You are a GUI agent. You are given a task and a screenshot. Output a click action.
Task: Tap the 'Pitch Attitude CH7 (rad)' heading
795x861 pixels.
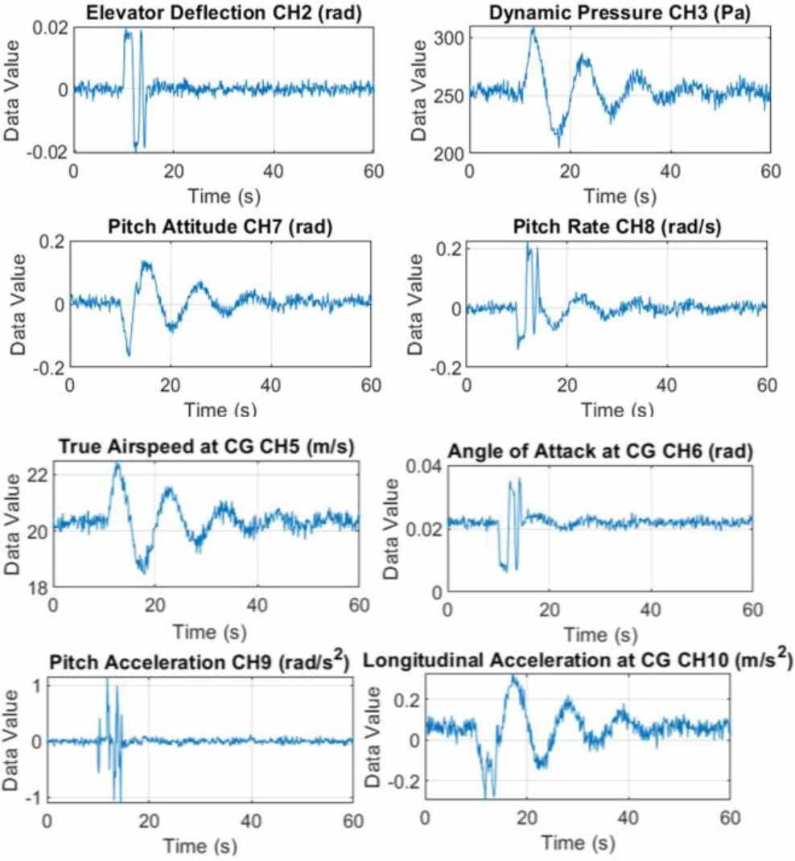220,228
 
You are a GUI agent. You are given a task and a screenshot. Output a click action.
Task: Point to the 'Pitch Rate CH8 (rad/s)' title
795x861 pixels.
616,228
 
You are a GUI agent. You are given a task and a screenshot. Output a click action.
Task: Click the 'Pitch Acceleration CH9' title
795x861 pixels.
198,663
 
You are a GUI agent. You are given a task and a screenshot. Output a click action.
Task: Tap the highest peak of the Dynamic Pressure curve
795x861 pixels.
532,28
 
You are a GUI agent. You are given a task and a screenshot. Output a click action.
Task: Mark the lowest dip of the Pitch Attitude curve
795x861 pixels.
129,354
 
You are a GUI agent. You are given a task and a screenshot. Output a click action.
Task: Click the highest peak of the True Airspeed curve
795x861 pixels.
117,463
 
